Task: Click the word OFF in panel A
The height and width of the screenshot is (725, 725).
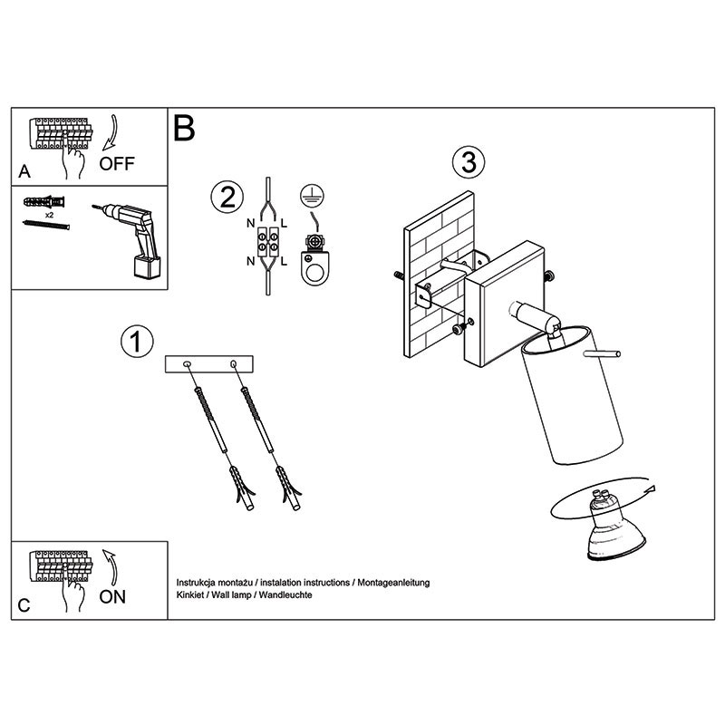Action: click(117, 164)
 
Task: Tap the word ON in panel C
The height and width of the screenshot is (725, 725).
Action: click(112, 597)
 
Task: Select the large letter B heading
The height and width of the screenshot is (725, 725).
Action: click(184, 128)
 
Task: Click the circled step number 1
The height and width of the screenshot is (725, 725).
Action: click(137, 343)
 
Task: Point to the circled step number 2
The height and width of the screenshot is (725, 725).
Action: click(227, 198)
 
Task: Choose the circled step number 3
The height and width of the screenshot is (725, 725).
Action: click(469, 163)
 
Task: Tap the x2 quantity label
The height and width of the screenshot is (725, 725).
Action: click(50, 215)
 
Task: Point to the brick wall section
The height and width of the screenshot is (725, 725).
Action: click(440, 275)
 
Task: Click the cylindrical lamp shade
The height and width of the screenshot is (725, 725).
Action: click(572, 394)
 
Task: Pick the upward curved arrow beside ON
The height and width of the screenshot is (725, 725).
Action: click(110, 568)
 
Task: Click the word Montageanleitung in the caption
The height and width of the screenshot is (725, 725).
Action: click(393, 583)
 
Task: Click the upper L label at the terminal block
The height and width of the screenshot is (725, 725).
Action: click(284, 224)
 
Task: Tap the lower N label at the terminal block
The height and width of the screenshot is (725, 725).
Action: click(251, 262)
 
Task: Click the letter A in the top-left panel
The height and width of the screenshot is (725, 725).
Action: click(24, 171)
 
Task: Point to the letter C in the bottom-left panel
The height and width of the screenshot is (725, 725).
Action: click(24, 605)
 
